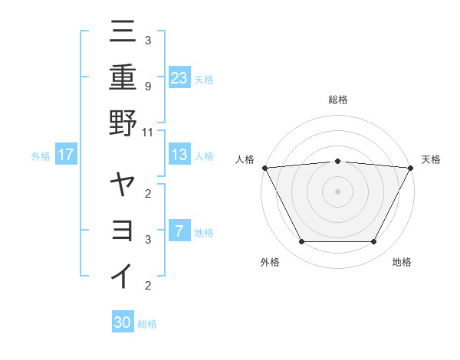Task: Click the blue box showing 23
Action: coord(179,77)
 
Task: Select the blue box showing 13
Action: coord(179,155)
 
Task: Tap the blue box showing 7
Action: coord(179,231)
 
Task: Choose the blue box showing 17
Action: coord(66,155)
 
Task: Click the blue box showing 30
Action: coord(123,322)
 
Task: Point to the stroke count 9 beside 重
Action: coord(147,87)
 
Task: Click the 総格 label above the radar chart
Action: coord(337,100)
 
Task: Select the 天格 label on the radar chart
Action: coord(431,159)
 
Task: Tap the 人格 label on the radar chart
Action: coord(245,159)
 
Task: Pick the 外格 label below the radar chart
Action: coord(270,263)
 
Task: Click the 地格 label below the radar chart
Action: coord(402,263)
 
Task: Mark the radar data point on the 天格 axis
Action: coord(411,167)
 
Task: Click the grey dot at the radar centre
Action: coord(337,191)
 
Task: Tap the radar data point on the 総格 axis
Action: coord(337,161)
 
